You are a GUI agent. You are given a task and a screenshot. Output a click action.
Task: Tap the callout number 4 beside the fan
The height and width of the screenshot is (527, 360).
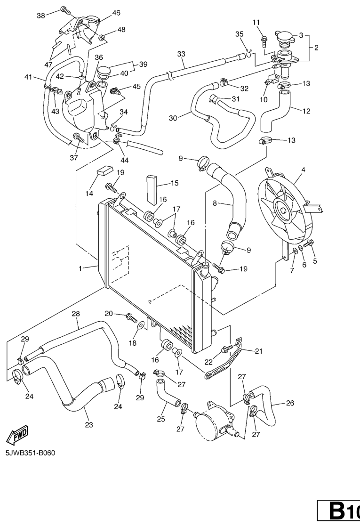coord(303,170)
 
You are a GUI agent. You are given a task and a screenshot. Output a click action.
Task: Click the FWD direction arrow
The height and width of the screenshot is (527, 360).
coord(17,434)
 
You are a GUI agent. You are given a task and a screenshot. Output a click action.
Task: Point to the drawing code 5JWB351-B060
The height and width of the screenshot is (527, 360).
coord(31,454)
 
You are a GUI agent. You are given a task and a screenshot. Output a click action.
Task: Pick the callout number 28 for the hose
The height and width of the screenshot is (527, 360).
coord(75,314)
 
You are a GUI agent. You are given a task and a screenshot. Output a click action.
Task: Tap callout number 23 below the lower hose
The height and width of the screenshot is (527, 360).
coord(88,425)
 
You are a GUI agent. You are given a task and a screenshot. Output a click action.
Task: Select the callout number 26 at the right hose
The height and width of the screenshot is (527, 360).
coord(290,403)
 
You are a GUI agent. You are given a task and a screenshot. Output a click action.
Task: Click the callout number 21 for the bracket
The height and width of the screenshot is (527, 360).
coord(258,350)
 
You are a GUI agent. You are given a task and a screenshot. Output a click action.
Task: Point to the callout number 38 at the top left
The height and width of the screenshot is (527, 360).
coord(41,15)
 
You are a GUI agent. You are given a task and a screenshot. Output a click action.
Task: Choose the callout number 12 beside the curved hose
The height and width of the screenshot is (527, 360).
coord(306,111)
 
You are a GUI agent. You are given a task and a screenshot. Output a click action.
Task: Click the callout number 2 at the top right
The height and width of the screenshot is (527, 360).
coord(316,48)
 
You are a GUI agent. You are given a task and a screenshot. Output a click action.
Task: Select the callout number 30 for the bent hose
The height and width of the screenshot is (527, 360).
coord(173,118)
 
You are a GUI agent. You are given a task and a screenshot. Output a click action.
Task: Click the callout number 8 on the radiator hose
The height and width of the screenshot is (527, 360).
coord(215,203)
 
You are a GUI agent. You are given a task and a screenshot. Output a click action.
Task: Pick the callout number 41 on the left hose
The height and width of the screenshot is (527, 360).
coord(28,76)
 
